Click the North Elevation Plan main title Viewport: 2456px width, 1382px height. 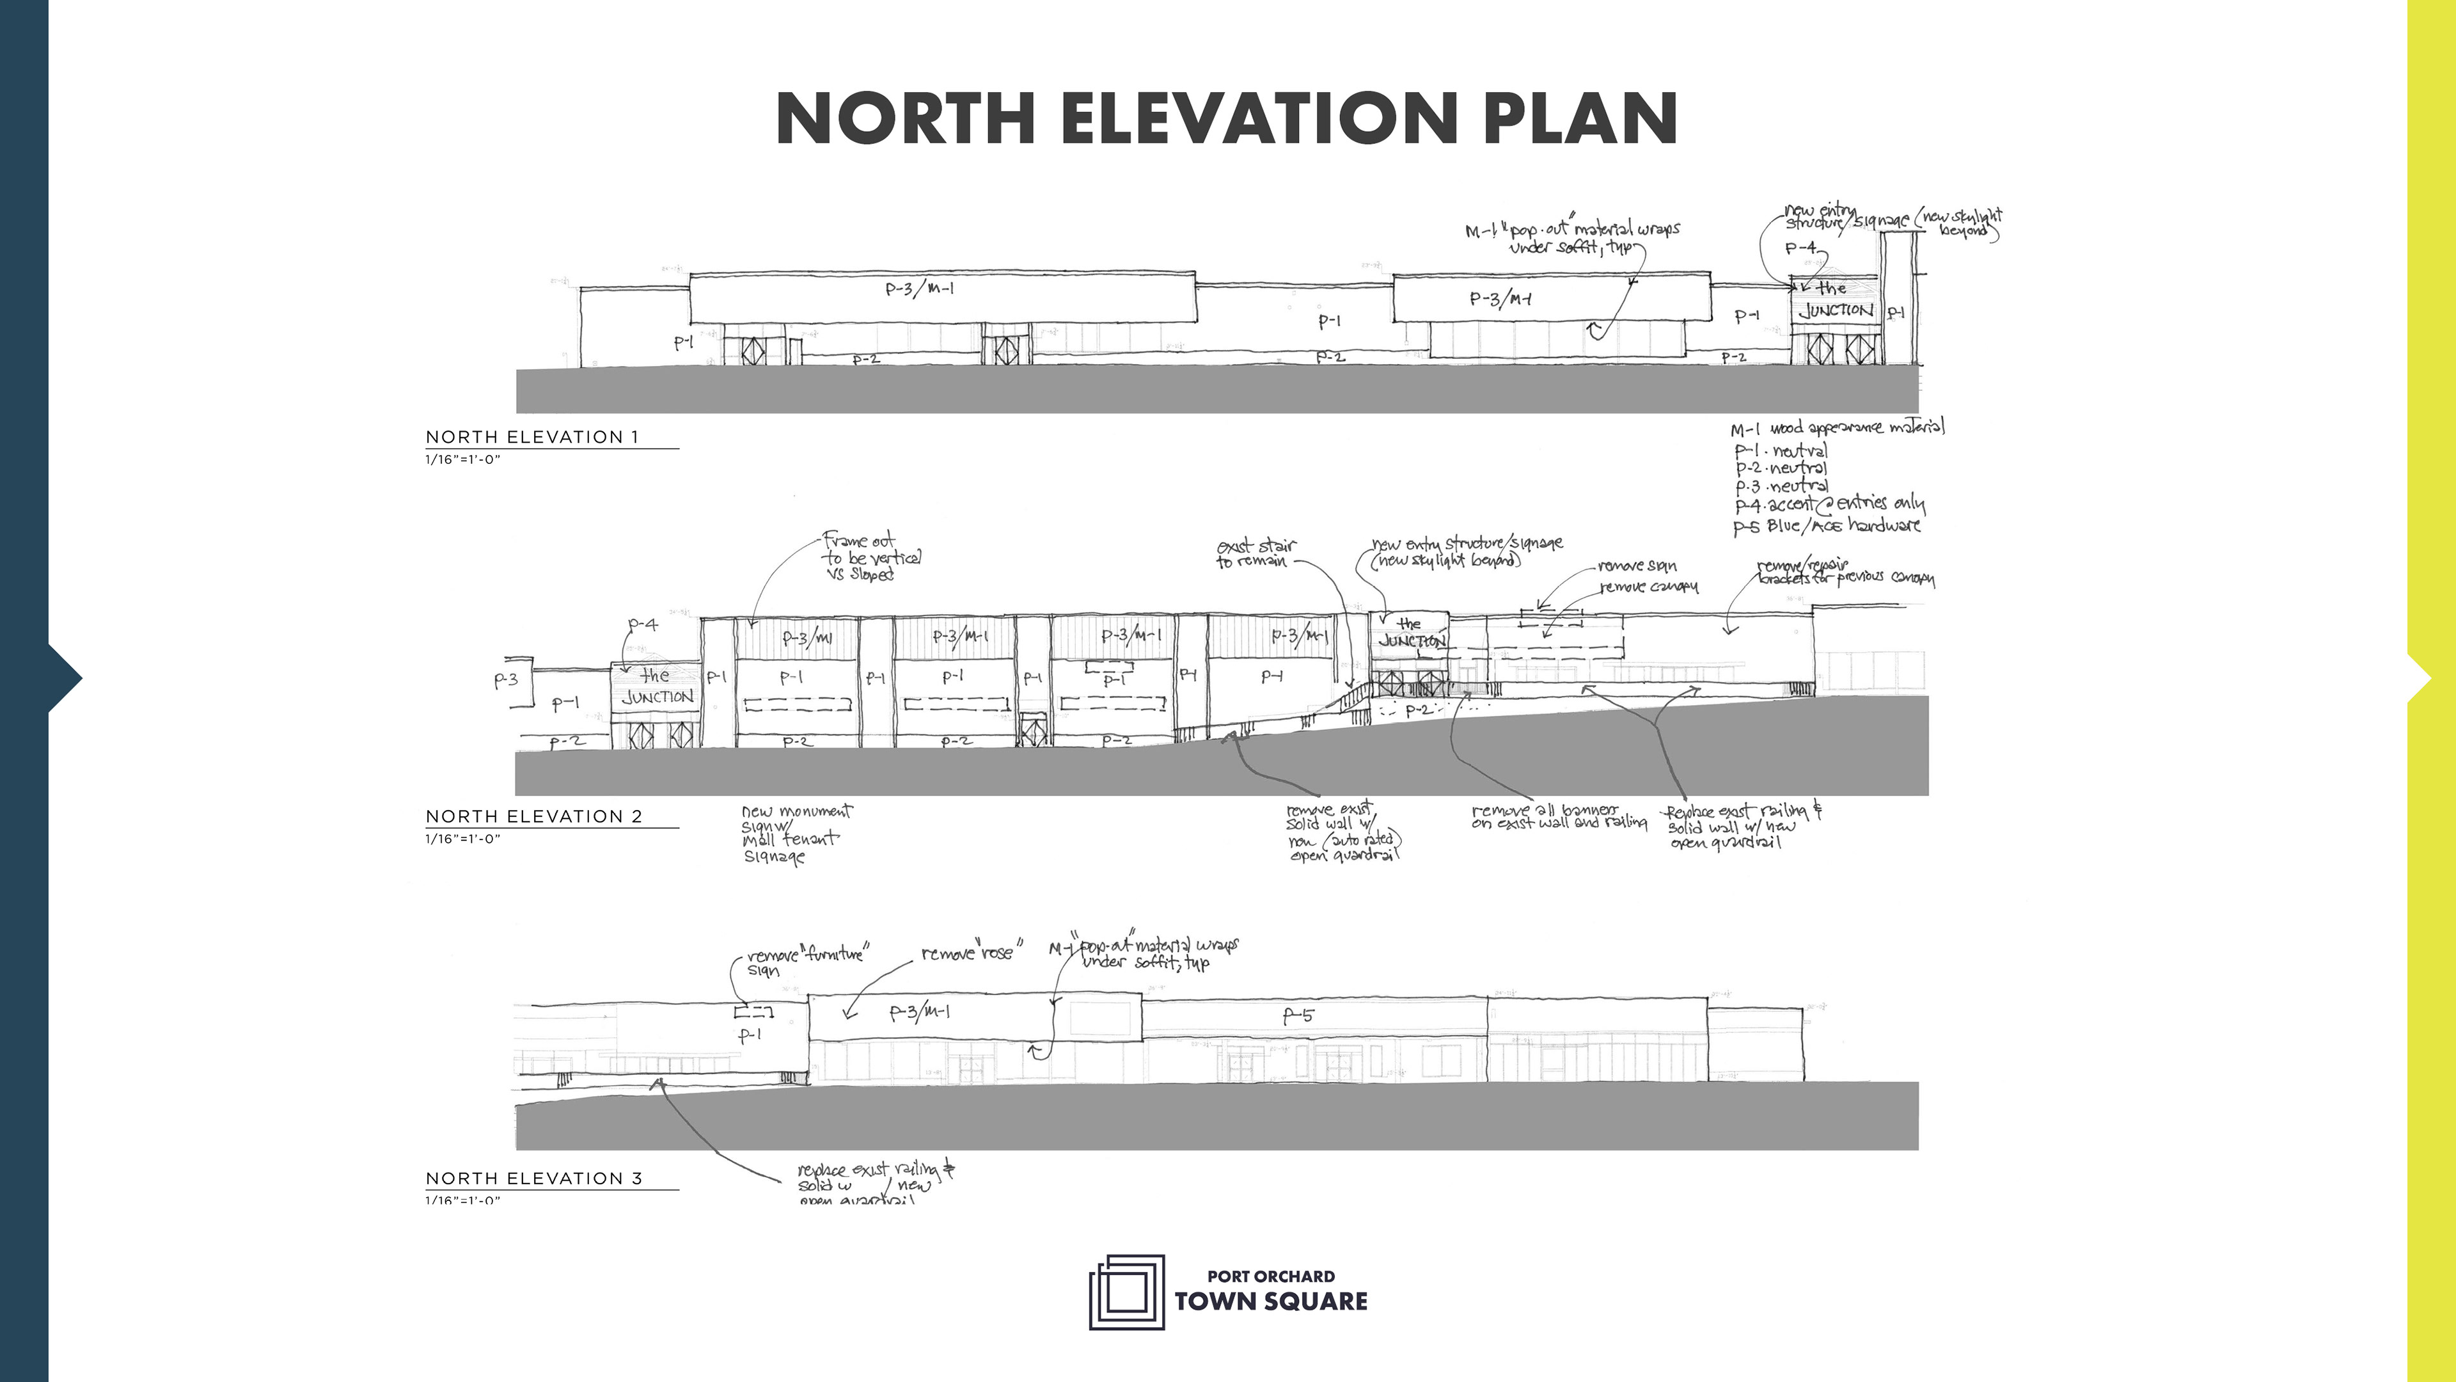(x=1227, y=118)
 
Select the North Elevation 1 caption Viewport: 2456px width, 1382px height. (x=532, y=437)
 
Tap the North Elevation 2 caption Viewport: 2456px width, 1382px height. (x=534, y=816)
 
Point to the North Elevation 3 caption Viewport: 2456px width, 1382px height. (x=534, y=1178)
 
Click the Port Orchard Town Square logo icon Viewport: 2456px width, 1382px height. (x=1127, y=1292)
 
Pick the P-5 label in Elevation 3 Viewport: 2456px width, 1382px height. (x=1298, y=1016)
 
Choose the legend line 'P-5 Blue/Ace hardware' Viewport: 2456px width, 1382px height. (x=1827, y=525)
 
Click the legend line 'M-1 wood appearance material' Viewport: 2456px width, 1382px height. (x=1838, y=428)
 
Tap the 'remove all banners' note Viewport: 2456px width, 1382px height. (x=1558, y=816)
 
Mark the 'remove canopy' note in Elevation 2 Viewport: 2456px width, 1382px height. (x=1648, y=587)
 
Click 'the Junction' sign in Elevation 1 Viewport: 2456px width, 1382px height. (x=1834, y=299)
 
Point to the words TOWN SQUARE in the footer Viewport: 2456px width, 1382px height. (x=1271, y=1302)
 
